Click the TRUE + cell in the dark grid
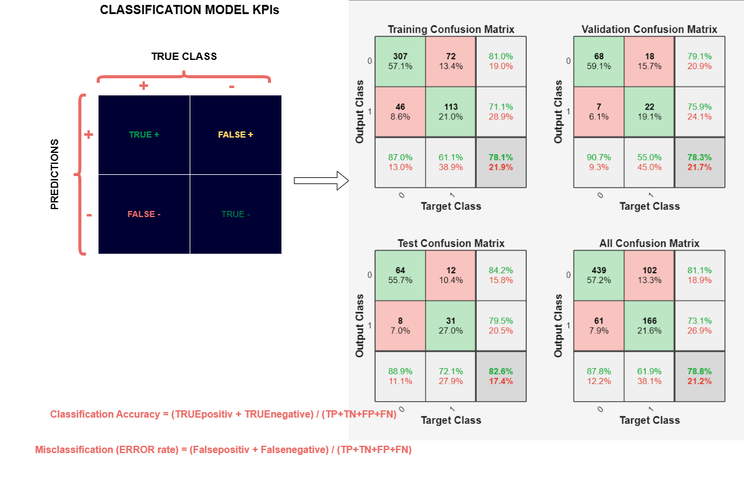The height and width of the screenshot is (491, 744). pyautogui.click(x=144, y=135)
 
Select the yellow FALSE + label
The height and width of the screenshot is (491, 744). pyautogui.click(x=236, y=135)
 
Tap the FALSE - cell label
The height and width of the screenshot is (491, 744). pyautogui.click(x=144, y=215)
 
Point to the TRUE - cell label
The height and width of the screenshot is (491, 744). pyautogui.click(x=236, y=215)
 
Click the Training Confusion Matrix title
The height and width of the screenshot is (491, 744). pyautogui.click(x=451, y=29)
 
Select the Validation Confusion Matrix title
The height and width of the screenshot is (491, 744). pyautogui.click(x=649, y=29)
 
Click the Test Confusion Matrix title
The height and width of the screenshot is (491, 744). pyautogui.click(x=451, y=243)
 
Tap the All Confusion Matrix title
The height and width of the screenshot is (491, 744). pyautogui.click(x=649, y=243)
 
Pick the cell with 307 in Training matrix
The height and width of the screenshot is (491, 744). pyautogui.click(x=400, y=61)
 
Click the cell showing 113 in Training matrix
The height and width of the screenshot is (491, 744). pyautogui.click(x=450, y=112)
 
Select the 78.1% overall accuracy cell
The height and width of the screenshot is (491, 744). pyautogui.click(x=500, y=162)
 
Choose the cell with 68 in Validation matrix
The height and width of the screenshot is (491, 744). pyautogui.click(x=598, y=61)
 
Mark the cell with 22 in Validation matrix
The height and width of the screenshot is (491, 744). pyautogui.click(x=649, y=112)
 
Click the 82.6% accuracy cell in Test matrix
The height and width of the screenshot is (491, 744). pyautogui.click(x=500, y=376)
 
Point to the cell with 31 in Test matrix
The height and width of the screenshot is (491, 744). pyautogui.click(x=450, y=326)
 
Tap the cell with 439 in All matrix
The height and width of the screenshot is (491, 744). pyautogui.click(x=598, y=275)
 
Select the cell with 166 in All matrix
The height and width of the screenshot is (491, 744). pyautogui.click(x=649, y=326)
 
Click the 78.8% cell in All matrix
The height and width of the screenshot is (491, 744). pyautogui.click(x=699, y=376)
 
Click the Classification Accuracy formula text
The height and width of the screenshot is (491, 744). pyautogui.click(x=223, y=415)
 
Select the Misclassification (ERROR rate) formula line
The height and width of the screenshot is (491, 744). pyautogui.click(x=223, y=450)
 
